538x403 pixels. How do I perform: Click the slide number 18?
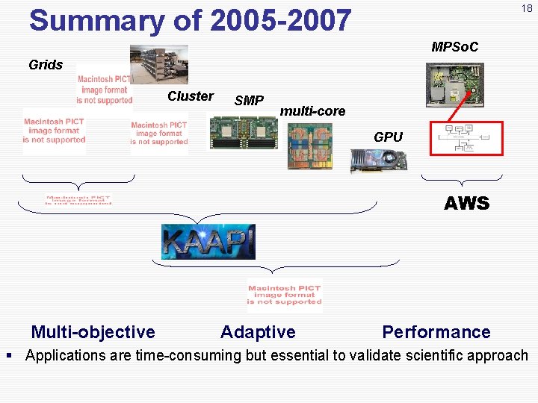(x=527, y=8)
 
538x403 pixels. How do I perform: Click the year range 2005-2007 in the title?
(x=280, y=21)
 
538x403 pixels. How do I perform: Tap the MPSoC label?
(x=454, y=47)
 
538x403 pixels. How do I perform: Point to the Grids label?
(x=46, y=65)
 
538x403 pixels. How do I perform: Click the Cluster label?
(x=190, y=96)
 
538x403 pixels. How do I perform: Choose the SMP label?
(x=249, y=101)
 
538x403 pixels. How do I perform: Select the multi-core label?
(x=312, y=111)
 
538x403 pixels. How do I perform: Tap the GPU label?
(x=388, y=137)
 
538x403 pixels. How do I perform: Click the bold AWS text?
(x=466, y=203)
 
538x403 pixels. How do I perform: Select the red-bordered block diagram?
(x=466, y=139)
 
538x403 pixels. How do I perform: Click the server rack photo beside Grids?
(x=158, y=63)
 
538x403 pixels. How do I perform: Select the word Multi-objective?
(x=93, y=332)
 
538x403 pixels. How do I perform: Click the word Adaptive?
(x=258, y=332)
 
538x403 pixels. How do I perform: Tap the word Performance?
(x=436, y=332)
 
